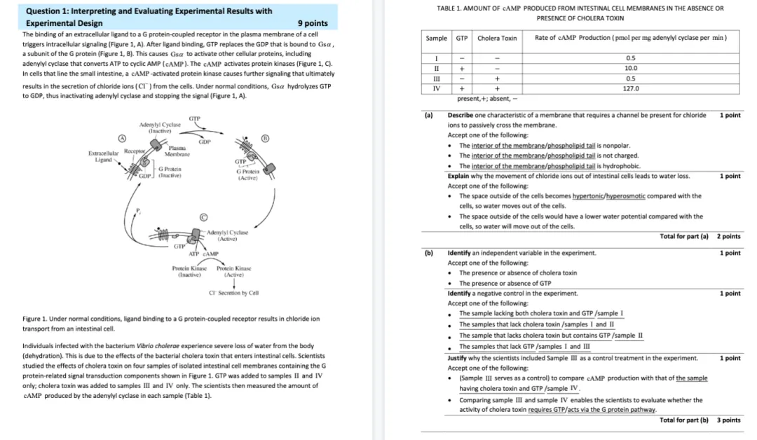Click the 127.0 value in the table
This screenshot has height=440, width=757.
coord(631,89)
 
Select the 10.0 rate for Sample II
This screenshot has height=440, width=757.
coord(631,68)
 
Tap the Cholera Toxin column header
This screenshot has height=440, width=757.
coord(497,38)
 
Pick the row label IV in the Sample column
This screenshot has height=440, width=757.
coord(436,89)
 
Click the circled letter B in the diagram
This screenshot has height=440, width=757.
coord(265,138)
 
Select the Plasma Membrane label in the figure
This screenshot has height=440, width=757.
coord(177,151)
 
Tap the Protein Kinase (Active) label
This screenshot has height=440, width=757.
coord(234,272)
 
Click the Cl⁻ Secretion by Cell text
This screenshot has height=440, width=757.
coord(234,293)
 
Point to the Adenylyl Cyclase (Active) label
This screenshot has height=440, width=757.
coord(231,235)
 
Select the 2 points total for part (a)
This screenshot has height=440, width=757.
coord(728,236)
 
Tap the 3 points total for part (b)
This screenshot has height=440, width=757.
coord(728,420)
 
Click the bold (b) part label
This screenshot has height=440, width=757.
coord(429,253)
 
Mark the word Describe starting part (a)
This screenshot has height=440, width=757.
coord(462,115)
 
